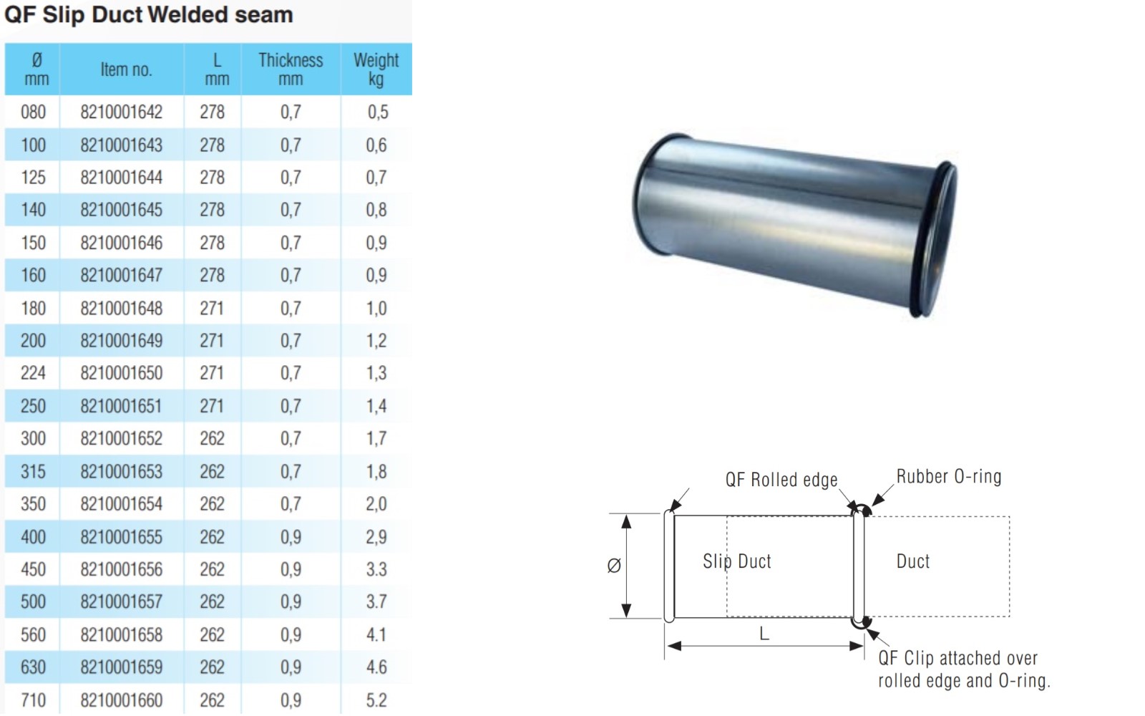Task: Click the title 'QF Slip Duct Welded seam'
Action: (x=149, y=14)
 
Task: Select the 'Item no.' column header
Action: (x=126, y=69)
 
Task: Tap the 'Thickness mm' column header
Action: (x=291, y=69)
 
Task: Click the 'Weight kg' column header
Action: (x=376, y=69)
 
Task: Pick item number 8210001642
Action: (x=122, y=112)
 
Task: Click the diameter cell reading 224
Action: (x=33, y=373)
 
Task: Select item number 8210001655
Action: (x=122, y=537)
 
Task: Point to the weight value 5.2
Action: (x=376, y=700)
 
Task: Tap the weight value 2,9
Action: (x=376, y=537)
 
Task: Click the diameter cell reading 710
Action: (x=33, y=700)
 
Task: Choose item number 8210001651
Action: (x=122, y=406)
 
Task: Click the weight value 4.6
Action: (x=376, y=667)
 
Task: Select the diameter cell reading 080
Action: (x=33, y=112)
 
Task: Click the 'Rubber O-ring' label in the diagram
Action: (x=949, y=477)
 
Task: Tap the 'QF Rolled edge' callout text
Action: (x=781, y=480)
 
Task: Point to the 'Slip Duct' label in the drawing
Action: (x=737, y=561)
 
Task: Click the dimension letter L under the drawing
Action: (x=764, y=634)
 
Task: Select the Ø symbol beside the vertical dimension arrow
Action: (x=614, y=566)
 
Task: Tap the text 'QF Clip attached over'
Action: (x=958, y=658)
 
